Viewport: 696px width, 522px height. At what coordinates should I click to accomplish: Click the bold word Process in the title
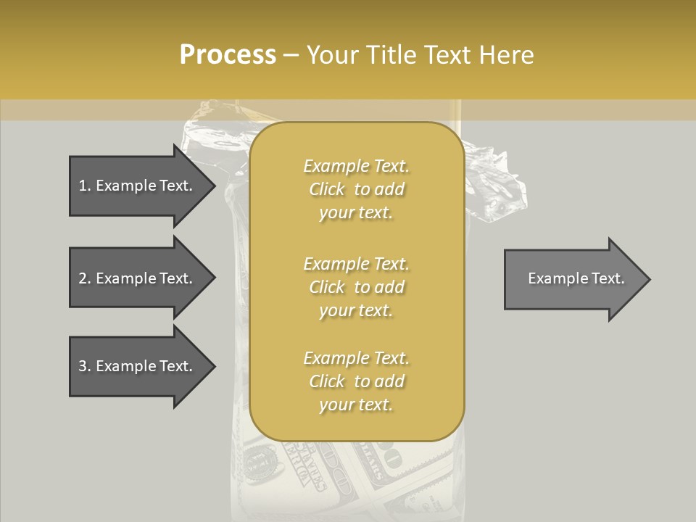(x=228, y=55)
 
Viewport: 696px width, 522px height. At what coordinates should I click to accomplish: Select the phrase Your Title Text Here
(x=420, y=55)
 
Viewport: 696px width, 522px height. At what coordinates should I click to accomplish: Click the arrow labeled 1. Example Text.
(x=138, y=186)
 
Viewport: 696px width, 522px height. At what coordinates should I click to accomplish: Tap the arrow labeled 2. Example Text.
(x=138, y=278)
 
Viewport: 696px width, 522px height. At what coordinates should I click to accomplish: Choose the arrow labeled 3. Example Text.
(x=138, y=366)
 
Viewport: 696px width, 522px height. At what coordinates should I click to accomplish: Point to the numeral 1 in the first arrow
(x=82, y=186)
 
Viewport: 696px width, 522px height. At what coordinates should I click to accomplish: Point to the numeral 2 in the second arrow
(x=82, y=278)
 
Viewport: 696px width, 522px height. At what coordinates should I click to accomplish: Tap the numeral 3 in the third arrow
(x=82, y=366)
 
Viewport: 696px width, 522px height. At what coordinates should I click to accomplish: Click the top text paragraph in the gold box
(x=356, y=189)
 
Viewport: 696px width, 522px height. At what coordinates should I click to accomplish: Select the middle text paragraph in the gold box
(x=356, y=286)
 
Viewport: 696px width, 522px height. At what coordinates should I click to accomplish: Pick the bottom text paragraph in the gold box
(x=356, y=381)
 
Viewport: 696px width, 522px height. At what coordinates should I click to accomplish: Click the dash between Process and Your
(x=291, y=56)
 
